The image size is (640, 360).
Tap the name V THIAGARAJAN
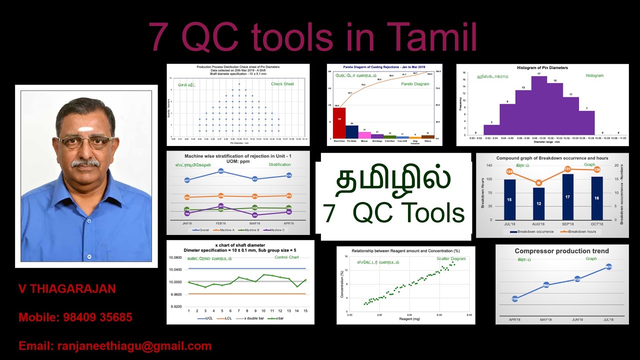[67, 288]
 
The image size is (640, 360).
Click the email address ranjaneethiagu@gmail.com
[134, 346]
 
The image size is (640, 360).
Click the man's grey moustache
[84, 162]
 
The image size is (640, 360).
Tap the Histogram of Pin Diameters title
[542, 67]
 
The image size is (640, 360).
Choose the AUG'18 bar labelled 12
[538, 203]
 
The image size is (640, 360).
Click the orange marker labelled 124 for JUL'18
[509, 171]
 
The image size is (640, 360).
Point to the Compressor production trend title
[561, 251]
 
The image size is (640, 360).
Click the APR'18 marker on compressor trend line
[515, 298]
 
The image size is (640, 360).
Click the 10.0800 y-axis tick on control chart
[175, 258]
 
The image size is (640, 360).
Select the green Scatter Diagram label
[451, 259]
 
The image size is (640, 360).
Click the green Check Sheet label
[282, 84]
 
